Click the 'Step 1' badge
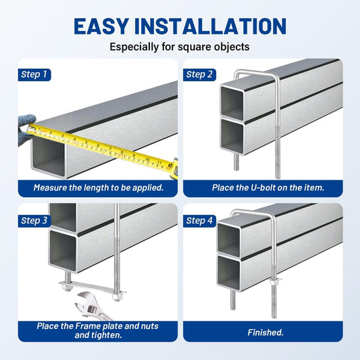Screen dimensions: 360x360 click(34, 74)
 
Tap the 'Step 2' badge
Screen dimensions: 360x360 click(199, 74)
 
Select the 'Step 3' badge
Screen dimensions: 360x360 click(34, 221)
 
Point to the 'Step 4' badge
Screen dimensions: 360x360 click(199, 221)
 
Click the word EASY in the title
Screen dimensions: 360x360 click(101, 26)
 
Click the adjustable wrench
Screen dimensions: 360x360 click(92, 307)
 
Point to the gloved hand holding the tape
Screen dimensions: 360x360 click(26, 129)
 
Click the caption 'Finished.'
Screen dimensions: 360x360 click(265, 332)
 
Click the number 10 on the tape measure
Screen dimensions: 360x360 click(148, 159)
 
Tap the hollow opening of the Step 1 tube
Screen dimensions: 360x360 click(49, 156)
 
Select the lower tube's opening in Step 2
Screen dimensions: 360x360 click(232, 136)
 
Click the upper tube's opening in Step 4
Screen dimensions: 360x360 click(229, 239)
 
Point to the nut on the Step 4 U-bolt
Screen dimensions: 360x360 click(274, 282)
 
